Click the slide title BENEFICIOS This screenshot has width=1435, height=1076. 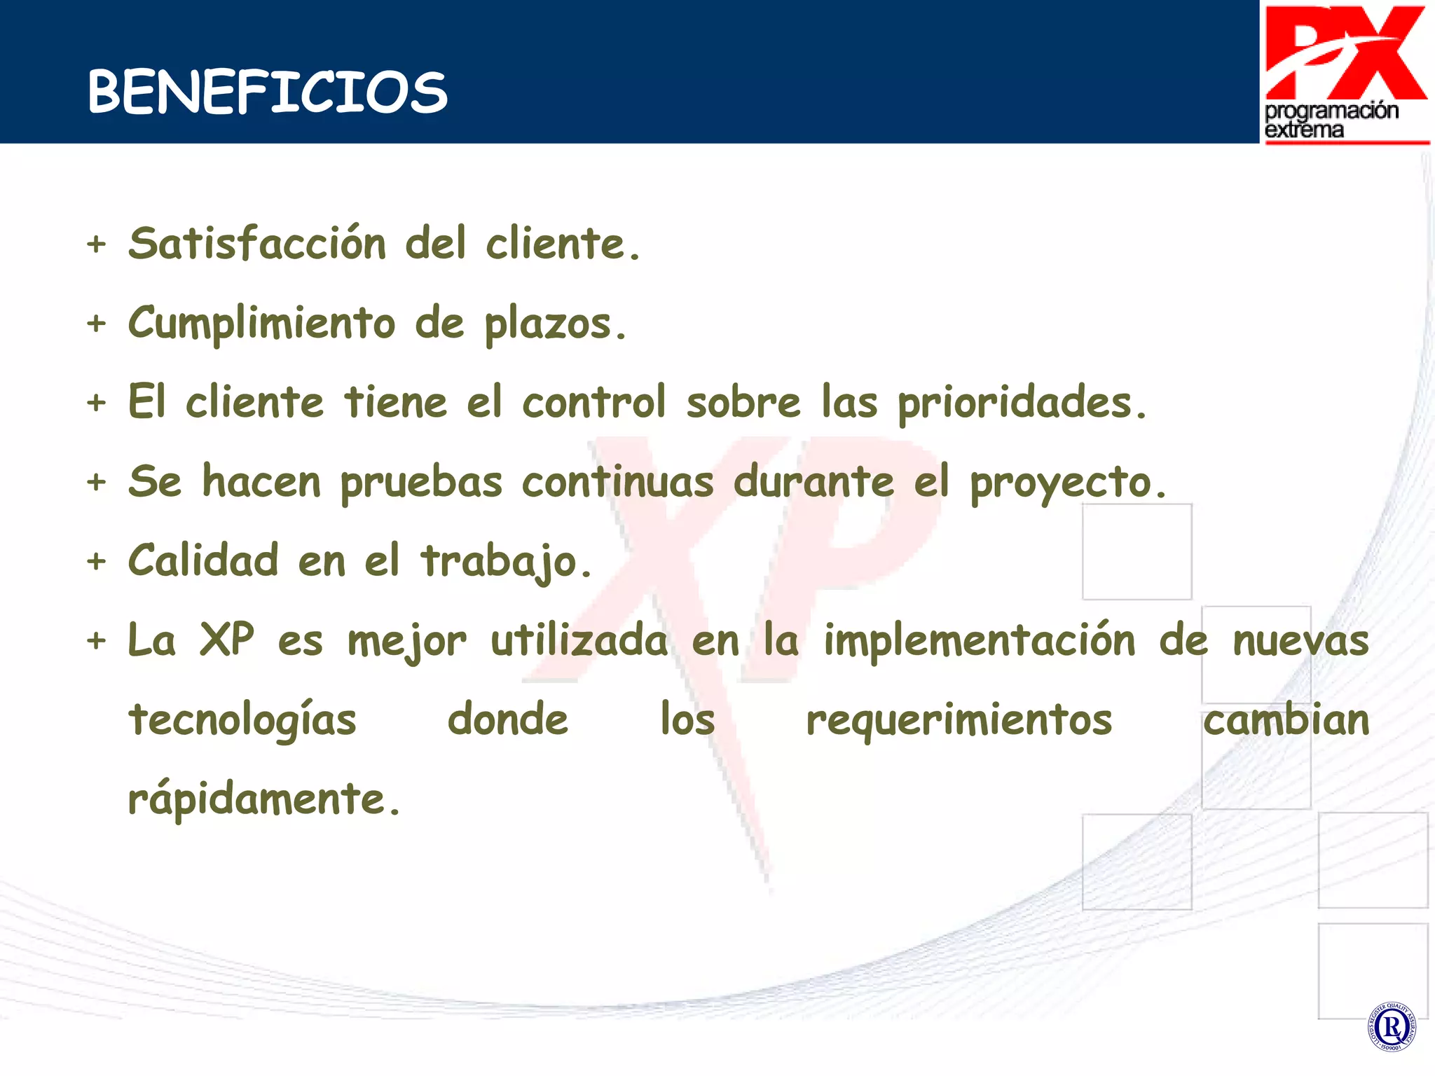click(267, 92)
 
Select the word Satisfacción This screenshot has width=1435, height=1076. click(257, 244)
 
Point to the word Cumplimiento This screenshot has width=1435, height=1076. click(262, 324)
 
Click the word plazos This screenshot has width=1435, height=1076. click(555, 325)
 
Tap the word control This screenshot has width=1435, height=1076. click(593, 403)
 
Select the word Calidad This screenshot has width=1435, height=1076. click(203, 560)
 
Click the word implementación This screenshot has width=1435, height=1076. click(979, 641)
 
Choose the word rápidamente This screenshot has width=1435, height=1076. click(263, 800)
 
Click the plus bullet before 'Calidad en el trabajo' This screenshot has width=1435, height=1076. click(97, 562)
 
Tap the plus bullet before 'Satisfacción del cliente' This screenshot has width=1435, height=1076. click(97, 244)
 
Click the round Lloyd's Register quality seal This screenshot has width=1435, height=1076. click(1392, 1027)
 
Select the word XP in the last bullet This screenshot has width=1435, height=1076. click(226, 640)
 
